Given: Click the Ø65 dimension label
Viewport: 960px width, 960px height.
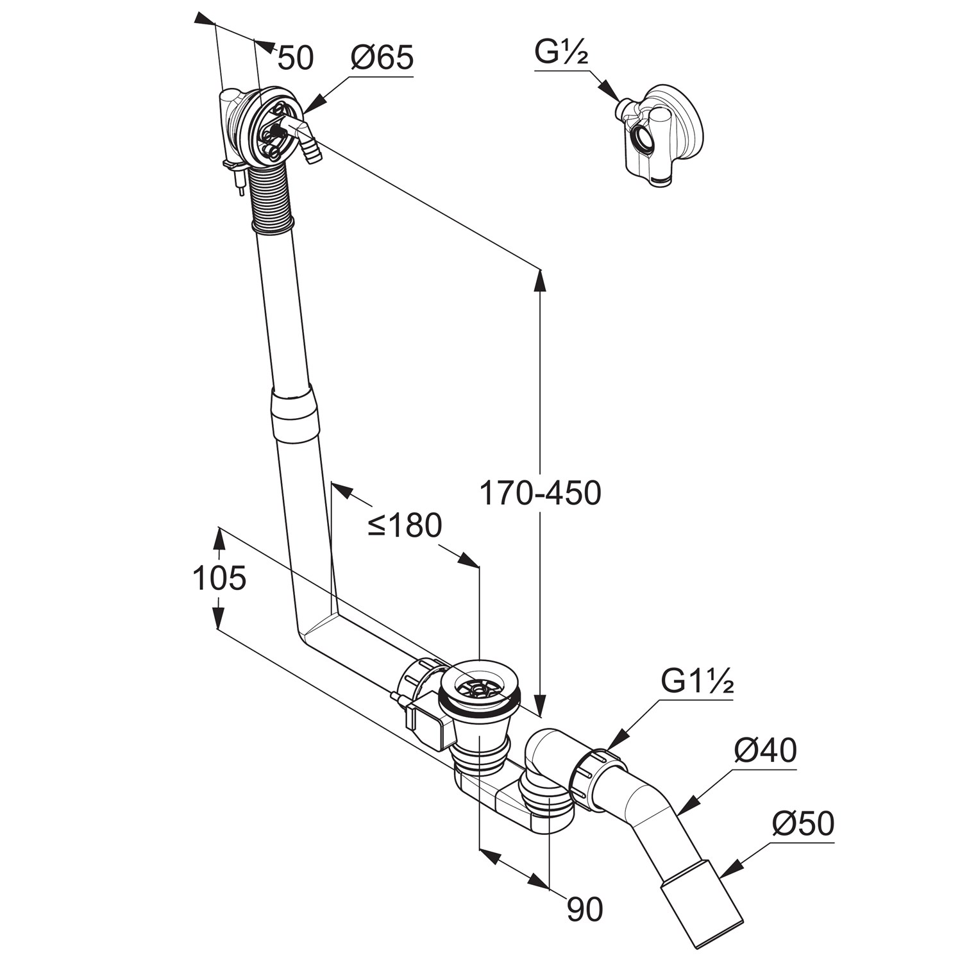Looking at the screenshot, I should coord(382,59).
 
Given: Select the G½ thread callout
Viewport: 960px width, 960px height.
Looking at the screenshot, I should coord(561,54).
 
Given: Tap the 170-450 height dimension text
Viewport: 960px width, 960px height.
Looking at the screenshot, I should coord(540,493).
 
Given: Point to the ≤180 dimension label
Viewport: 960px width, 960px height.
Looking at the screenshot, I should coord(405,525).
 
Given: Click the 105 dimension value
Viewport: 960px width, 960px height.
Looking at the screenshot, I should coord(219,578).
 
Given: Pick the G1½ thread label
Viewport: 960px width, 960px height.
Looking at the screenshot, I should coord(697,682).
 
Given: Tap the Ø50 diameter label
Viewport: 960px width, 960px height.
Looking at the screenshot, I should coord(803,824).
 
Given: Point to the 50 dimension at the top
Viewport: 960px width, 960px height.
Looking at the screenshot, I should coord(296,58).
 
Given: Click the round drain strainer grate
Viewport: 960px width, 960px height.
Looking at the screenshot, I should coord(476,688).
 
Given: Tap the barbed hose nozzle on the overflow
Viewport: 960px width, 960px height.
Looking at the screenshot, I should coord(311,151).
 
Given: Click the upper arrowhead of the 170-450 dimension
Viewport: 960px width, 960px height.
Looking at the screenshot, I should coord(540,279).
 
